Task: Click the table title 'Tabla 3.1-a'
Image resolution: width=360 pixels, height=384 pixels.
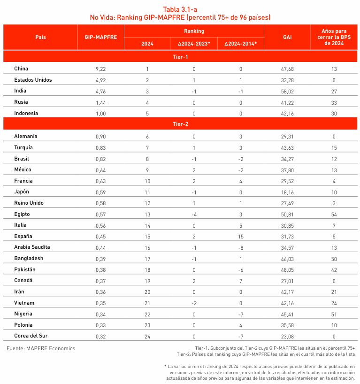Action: tap(180, 9)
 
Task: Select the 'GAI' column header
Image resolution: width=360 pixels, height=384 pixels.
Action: tap(287, 37)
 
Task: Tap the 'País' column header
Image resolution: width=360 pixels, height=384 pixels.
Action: tap(40, 37)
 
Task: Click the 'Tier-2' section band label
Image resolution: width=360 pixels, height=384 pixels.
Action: tap(180, 124)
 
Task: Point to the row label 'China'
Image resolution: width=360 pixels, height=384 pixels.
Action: tap(22, 69)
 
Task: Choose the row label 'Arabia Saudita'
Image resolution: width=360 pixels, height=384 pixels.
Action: tap(32, 247)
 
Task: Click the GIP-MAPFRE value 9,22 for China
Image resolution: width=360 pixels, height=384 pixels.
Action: tap(101, 69)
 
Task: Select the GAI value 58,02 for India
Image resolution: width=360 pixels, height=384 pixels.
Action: tap(287, 91)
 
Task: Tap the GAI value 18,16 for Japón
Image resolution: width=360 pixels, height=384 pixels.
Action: tap(287, 192)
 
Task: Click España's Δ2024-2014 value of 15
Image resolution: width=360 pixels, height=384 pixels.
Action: tap(240, 236)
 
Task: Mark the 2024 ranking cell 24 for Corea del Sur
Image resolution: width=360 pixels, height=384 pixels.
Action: tap(147, 336)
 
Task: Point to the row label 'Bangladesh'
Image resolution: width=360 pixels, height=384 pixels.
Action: tap(29, 258)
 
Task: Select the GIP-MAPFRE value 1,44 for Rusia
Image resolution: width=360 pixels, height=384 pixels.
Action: tap(101, 102)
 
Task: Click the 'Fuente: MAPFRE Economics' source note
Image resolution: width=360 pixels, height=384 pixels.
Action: tap(41, 348)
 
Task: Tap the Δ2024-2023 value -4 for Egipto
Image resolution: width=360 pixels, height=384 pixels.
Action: tap(194, 214)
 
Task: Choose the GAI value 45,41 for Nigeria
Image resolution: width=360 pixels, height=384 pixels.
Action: tap(287, 314)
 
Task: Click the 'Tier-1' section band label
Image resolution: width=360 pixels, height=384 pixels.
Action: tap(180, 57)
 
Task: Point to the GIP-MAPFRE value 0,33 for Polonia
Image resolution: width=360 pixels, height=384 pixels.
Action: tap(101, 325)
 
